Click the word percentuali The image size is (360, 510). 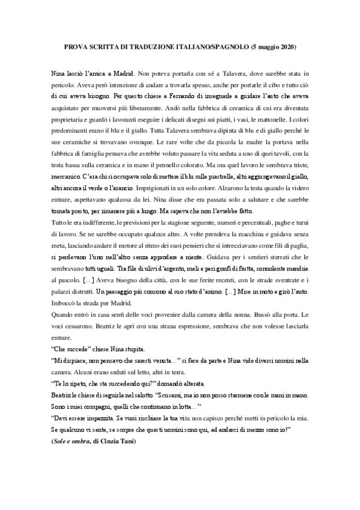point(226,224)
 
